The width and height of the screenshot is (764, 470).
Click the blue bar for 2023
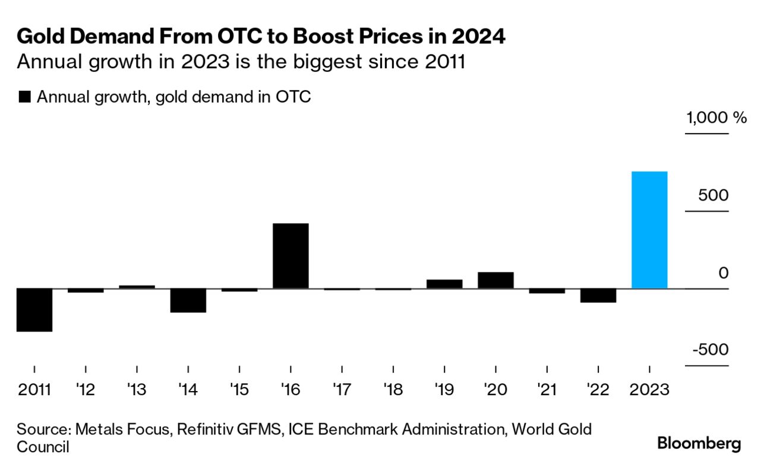(x=649, y=230)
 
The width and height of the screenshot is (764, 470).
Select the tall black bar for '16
(x=291, y=256)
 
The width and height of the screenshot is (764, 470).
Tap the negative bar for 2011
(x=34, y=310)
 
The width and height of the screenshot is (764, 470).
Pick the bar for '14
(x=188, y=300)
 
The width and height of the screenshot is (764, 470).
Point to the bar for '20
(x=495, y=280)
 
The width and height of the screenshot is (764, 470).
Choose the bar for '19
(x=444, y=284)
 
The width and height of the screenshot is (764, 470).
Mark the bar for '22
(x=598, y=296)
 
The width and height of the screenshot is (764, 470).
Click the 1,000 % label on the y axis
(x=716, y=117)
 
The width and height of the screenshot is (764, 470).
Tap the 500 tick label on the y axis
(x=713, y=195)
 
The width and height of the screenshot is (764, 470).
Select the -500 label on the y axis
(x=710, y=350)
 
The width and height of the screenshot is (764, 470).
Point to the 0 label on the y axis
(x=723, y=274)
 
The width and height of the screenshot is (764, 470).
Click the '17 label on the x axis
(x=342, y=390)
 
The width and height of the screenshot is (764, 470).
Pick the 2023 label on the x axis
(x=649, y=390)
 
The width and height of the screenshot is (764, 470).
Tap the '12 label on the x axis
(x=86, y=390)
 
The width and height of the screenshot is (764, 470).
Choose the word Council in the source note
(x=43, y=446)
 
